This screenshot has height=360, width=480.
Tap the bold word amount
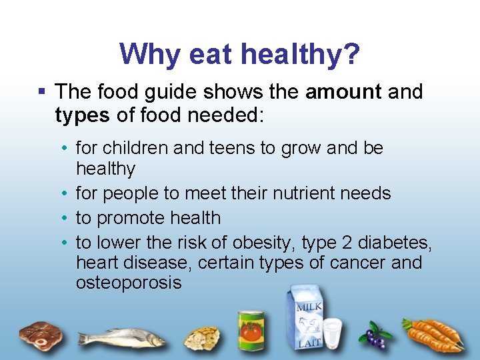click(x=343, y=91)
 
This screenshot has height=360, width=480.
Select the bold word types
click(x=82, y=115)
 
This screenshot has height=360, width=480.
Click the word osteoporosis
click(x=128, y=282)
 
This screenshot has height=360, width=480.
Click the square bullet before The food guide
click(x=41, y=91)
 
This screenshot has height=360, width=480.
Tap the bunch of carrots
click(x=435, y=335)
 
